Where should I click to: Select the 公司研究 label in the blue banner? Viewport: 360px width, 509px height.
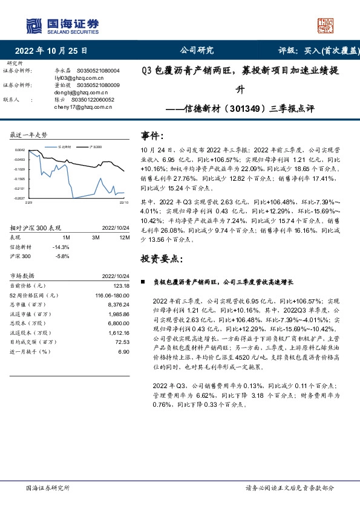tap(197, 51)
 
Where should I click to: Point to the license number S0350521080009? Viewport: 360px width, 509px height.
tap(99, 86)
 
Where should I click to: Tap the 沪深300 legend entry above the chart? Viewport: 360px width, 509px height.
tap(94, 146)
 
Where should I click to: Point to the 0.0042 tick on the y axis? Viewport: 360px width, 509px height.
tap(19, 150)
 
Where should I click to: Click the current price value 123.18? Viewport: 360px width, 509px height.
tap(122, 285)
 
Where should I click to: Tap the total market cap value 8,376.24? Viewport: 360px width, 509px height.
tap(119, 305)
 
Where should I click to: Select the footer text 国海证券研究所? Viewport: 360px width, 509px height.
tap(48, 488)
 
